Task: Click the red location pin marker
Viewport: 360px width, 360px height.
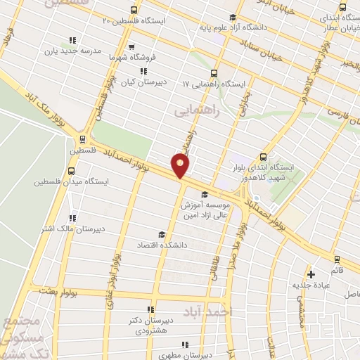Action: click(x=181, y=166)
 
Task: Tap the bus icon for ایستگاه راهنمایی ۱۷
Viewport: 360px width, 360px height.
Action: click(x=214, y=72)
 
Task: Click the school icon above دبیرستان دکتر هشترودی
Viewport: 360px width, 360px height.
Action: click(x=150, y=310)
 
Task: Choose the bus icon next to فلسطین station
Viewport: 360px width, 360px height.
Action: click(x=84, y=139)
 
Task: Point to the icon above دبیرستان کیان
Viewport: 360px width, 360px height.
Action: click(x=143, y=71)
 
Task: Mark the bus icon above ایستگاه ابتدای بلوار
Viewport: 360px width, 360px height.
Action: click(x=263, y=157)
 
